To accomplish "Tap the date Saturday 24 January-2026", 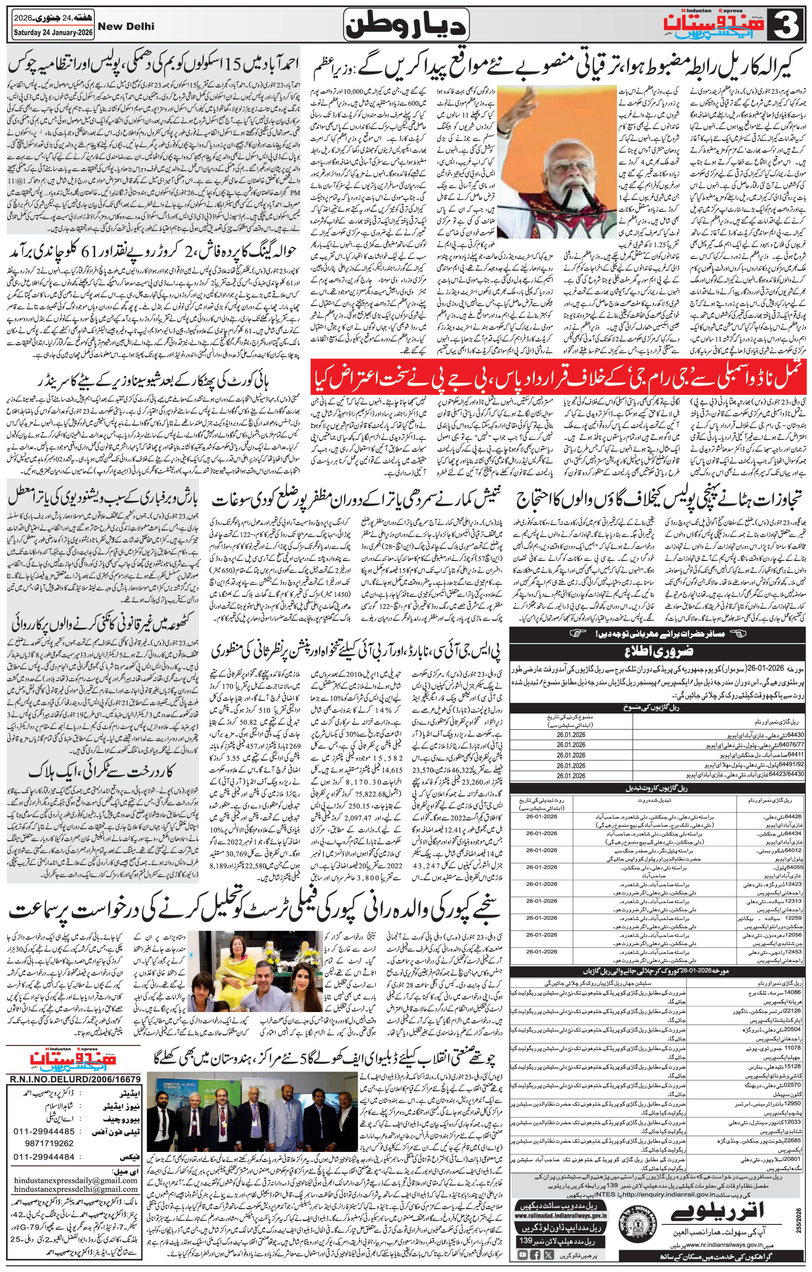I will (47, 33).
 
